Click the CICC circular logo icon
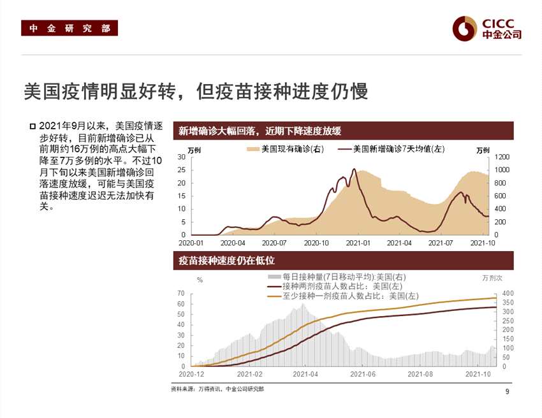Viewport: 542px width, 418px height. (x=465, y=27)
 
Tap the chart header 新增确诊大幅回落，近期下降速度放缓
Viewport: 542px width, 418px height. (x=260, y=131)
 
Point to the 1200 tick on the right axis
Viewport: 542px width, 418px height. (x=503, y=157)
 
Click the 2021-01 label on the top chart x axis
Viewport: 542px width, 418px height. (x=358, y=243)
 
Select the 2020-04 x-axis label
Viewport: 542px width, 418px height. (x=233, y=243)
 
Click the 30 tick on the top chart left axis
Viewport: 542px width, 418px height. (x=182, y=157)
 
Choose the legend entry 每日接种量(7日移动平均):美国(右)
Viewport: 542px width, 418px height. (x=337, y=277)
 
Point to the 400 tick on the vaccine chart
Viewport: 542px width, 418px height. (x=499, y=293)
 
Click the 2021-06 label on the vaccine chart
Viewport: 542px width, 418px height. (x=362, y=374)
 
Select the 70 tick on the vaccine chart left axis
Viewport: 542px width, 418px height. (x=181, y=293)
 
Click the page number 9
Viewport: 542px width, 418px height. (x=507, y=391)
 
